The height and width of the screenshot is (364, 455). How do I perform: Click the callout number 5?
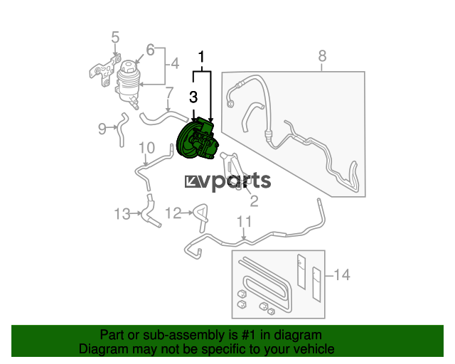115,38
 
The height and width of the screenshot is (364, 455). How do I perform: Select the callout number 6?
150,50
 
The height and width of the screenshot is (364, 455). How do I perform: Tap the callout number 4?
175,63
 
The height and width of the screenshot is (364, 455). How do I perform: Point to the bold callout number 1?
201,57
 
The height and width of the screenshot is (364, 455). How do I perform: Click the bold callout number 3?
193,97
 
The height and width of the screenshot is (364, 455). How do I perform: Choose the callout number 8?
322,56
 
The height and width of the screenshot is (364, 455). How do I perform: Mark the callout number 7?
169,93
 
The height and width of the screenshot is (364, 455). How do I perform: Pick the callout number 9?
102,129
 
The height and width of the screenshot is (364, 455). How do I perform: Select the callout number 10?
147,148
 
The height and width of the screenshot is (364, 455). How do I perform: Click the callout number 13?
122,214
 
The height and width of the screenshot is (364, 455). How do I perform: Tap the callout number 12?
173,213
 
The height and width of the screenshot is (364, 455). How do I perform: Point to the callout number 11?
245,222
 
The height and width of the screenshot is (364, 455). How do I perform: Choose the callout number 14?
342,274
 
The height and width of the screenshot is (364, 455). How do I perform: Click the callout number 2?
255,201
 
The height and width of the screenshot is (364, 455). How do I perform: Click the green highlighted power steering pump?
198,139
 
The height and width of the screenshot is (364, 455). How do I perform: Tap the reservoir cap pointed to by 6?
128,67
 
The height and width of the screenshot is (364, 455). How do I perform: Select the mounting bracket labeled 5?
105,70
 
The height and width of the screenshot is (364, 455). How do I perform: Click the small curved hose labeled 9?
122,129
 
